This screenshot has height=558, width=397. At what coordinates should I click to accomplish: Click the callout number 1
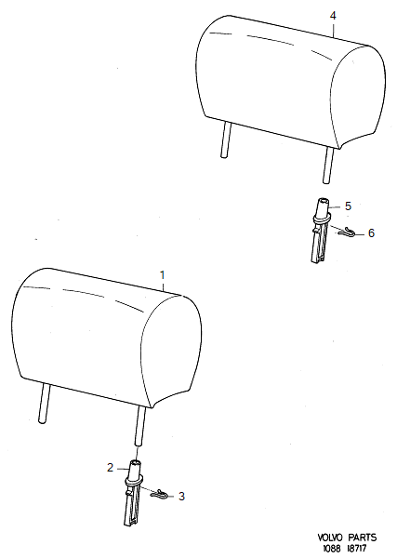tap(162, 275)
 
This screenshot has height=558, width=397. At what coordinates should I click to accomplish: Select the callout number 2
tap(111, 467)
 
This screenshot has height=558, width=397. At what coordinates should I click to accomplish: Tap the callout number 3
tap(181, 496)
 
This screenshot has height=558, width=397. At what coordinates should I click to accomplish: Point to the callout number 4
tap(333, 16)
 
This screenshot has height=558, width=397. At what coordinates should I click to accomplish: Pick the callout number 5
tap(348, 206)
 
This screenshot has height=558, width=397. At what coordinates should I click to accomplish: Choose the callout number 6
tap(371, 233)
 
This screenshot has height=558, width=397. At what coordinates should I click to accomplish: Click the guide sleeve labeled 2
tap(133, 492)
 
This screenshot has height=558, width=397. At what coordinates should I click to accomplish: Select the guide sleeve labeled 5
tap(321, 230)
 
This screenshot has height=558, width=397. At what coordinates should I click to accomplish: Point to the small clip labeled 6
tap(347, 231)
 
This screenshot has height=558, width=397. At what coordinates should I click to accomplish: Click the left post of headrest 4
tap(226, 139)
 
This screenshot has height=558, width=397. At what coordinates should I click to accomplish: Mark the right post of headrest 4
tap(327, 165)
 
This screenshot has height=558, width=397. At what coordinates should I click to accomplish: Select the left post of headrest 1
tap(45, 404)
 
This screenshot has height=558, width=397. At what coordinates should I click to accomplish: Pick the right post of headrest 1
tap(139, 426)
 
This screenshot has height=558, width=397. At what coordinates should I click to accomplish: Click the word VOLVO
tap(330, 538)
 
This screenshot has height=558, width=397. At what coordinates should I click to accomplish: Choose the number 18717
tap(357, 549)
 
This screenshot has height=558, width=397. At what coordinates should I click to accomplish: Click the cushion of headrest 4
tap(290, 82)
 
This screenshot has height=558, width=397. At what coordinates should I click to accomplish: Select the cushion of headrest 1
tap(107, 338)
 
